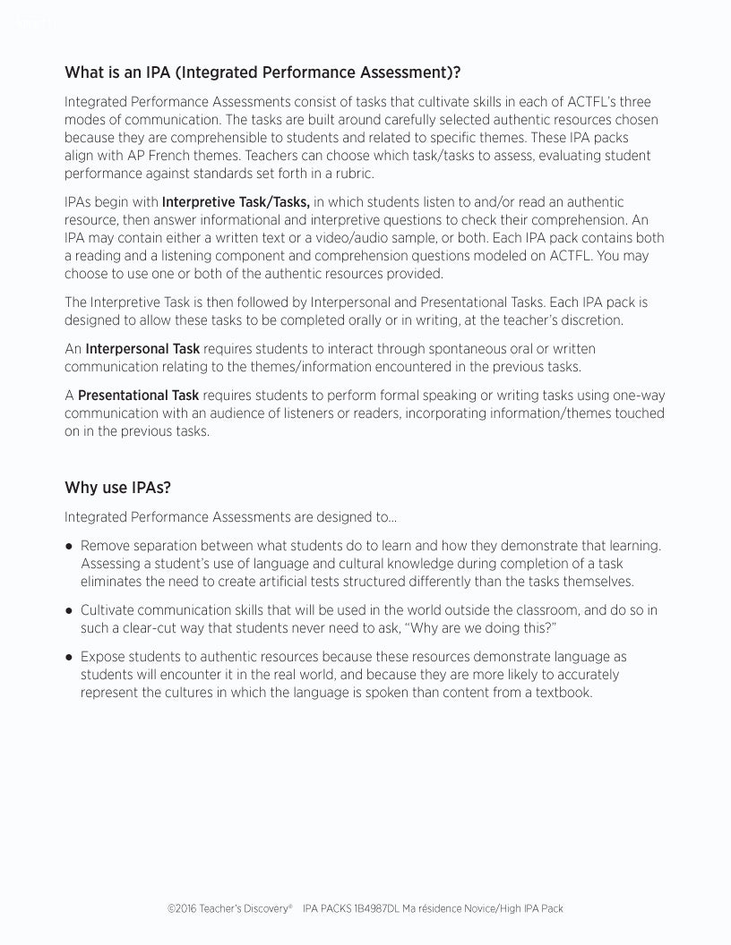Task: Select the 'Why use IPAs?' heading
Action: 117,488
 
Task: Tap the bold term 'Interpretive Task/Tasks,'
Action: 236,202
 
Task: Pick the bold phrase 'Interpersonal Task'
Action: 142,348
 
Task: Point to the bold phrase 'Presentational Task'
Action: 138,396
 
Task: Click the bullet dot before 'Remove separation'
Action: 69,546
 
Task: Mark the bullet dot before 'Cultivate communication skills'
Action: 69,610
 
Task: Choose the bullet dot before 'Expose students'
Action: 69,658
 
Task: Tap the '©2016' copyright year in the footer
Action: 183,908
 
